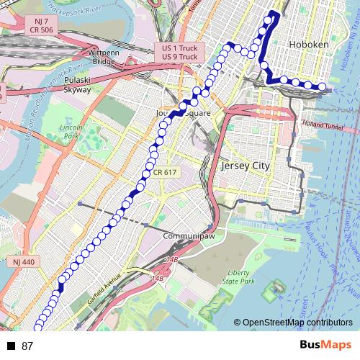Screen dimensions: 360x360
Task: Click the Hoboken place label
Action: pos(308,45)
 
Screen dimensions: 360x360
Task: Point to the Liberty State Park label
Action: pos(238,278)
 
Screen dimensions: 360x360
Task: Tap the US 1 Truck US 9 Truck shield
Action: pos(180,52)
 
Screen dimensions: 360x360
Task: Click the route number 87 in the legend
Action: pos(28,346)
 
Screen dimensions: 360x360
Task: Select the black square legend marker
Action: pos(11,346)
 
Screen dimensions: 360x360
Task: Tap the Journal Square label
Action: pos(183,114)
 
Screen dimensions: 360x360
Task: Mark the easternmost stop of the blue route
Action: pos(322,89)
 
